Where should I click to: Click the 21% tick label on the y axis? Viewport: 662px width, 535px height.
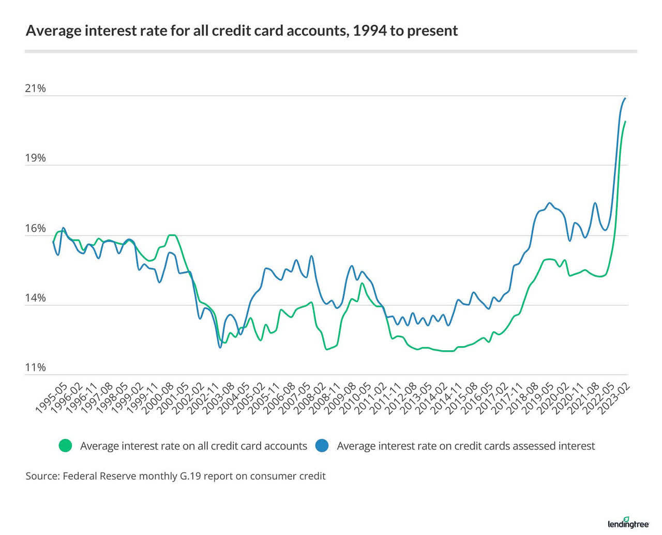[x=35, y=88]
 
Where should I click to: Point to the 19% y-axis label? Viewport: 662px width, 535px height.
[x=35, y=158]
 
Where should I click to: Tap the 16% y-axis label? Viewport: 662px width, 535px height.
[x=35, y=229]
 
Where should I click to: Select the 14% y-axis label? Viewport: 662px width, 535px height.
[x=35, y=298]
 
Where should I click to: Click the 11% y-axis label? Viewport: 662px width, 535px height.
[x=35, y=368]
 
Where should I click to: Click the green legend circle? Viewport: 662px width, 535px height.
[x=65, y=446]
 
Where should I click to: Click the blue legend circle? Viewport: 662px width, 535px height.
[x=322, y=446]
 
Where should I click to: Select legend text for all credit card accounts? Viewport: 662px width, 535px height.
[x=193, y=446]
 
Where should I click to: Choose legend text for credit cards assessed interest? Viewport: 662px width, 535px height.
[x=465, y=446]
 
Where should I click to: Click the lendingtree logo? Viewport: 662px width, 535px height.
[x=628, y=524]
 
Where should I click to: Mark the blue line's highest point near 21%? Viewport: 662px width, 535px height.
[x=625, y=98]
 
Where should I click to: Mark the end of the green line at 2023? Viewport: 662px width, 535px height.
[x=625, y=122]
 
